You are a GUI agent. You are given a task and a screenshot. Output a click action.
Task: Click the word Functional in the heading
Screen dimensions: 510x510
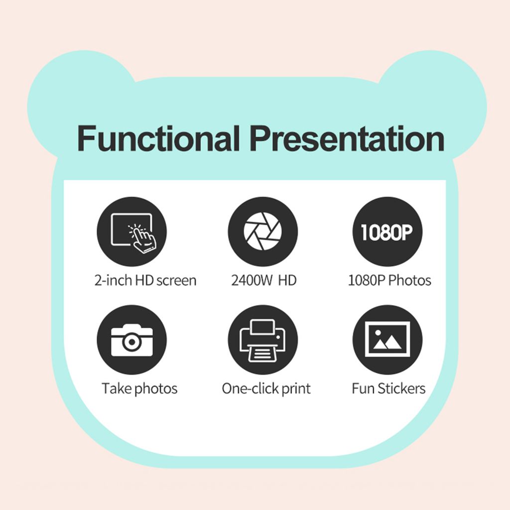coord(158,138)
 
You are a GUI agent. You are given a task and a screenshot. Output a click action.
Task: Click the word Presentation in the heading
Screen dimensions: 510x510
coord(347,138)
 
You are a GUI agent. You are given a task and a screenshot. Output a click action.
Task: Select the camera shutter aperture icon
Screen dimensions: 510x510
coord(263,232)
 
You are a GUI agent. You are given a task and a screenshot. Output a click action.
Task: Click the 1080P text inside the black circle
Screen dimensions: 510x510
coord(386,232)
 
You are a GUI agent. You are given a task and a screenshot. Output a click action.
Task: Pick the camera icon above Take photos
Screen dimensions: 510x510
coord(131,340)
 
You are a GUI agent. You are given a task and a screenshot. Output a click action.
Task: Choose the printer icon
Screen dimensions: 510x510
coord(263,340)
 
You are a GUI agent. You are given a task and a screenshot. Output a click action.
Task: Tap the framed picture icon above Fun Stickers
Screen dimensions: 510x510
coord(387,340)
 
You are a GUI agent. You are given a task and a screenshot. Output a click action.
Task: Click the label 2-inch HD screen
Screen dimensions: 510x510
coord(145,280)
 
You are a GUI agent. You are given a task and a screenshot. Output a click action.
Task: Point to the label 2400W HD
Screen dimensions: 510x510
coord(264,280)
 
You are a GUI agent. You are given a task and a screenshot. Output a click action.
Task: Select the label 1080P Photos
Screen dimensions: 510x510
coord(389,280)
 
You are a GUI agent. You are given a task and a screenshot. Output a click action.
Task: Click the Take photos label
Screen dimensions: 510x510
coord(139,388)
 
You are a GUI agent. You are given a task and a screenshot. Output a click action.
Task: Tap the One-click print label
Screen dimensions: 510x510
coord(266,388)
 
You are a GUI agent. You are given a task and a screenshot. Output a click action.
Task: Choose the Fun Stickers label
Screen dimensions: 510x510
coord(388,388)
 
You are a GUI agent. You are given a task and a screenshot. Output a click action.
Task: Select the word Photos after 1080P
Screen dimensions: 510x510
coord(410,280)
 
